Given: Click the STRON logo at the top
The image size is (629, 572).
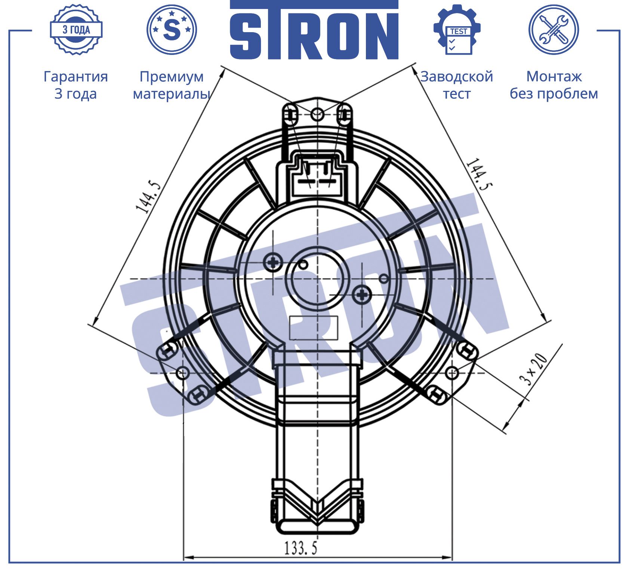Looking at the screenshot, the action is click(x=314, y=30).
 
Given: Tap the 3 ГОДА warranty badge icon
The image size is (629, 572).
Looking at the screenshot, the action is click(x=76, y=30).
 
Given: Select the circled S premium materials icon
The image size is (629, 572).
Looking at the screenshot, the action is click(x=172, y=30).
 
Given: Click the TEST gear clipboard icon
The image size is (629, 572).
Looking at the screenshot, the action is click(x=457, y=30).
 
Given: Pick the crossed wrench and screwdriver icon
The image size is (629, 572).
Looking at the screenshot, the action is click(x=554, y=30).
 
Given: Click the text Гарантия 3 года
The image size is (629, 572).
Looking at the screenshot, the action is click(x=76, y=85).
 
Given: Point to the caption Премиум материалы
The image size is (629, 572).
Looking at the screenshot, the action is click(x=172, y=85).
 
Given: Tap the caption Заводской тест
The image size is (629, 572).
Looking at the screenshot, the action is click(x=457, y=85).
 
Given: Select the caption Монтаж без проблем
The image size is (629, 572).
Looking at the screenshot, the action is click(x=554, y=85).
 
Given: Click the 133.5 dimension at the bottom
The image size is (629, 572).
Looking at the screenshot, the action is click(x=301, y=548).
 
